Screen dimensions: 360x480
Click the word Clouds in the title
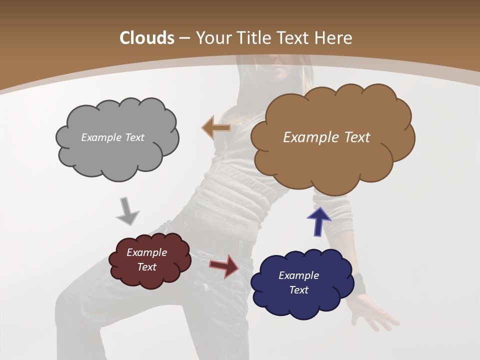tap(147, 38)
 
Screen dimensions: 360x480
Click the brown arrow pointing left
tap(216, 128)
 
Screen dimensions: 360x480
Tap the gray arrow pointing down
tap(127, 211)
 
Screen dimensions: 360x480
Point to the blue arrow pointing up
tap(318, 221)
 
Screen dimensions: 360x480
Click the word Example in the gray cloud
tap(99, 137)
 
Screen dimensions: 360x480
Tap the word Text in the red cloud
tap(147, 267)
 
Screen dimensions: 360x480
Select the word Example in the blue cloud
tap(298, 275)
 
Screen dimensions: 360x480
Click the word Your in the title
tap(212, 38)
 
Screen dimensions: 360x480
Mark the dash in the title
tap(184, 38)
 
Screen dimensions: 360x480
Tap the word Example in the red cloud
tap(147, 252)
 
